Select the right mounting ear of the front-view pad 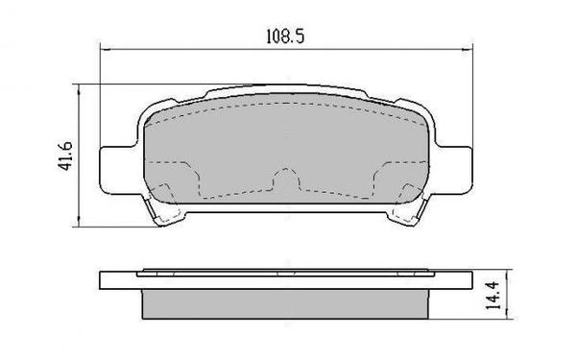(457, 165)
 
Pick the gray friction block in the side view (286, 302)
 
